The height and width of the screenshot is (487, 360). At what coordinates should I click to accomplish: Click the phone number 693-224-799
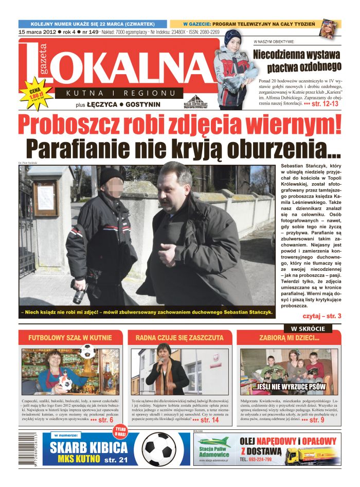click(265, 460)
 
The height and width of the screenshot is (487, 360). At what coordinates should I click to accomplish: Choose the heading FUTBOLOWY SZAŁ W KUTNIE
click(70, 338)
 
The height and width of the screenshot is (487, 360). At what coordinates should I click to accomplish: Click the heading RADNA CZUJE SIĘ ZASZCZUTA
click(179, 338)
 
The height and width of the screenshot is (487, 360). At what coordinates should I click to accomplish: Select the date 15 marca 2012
click(37, 31)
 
